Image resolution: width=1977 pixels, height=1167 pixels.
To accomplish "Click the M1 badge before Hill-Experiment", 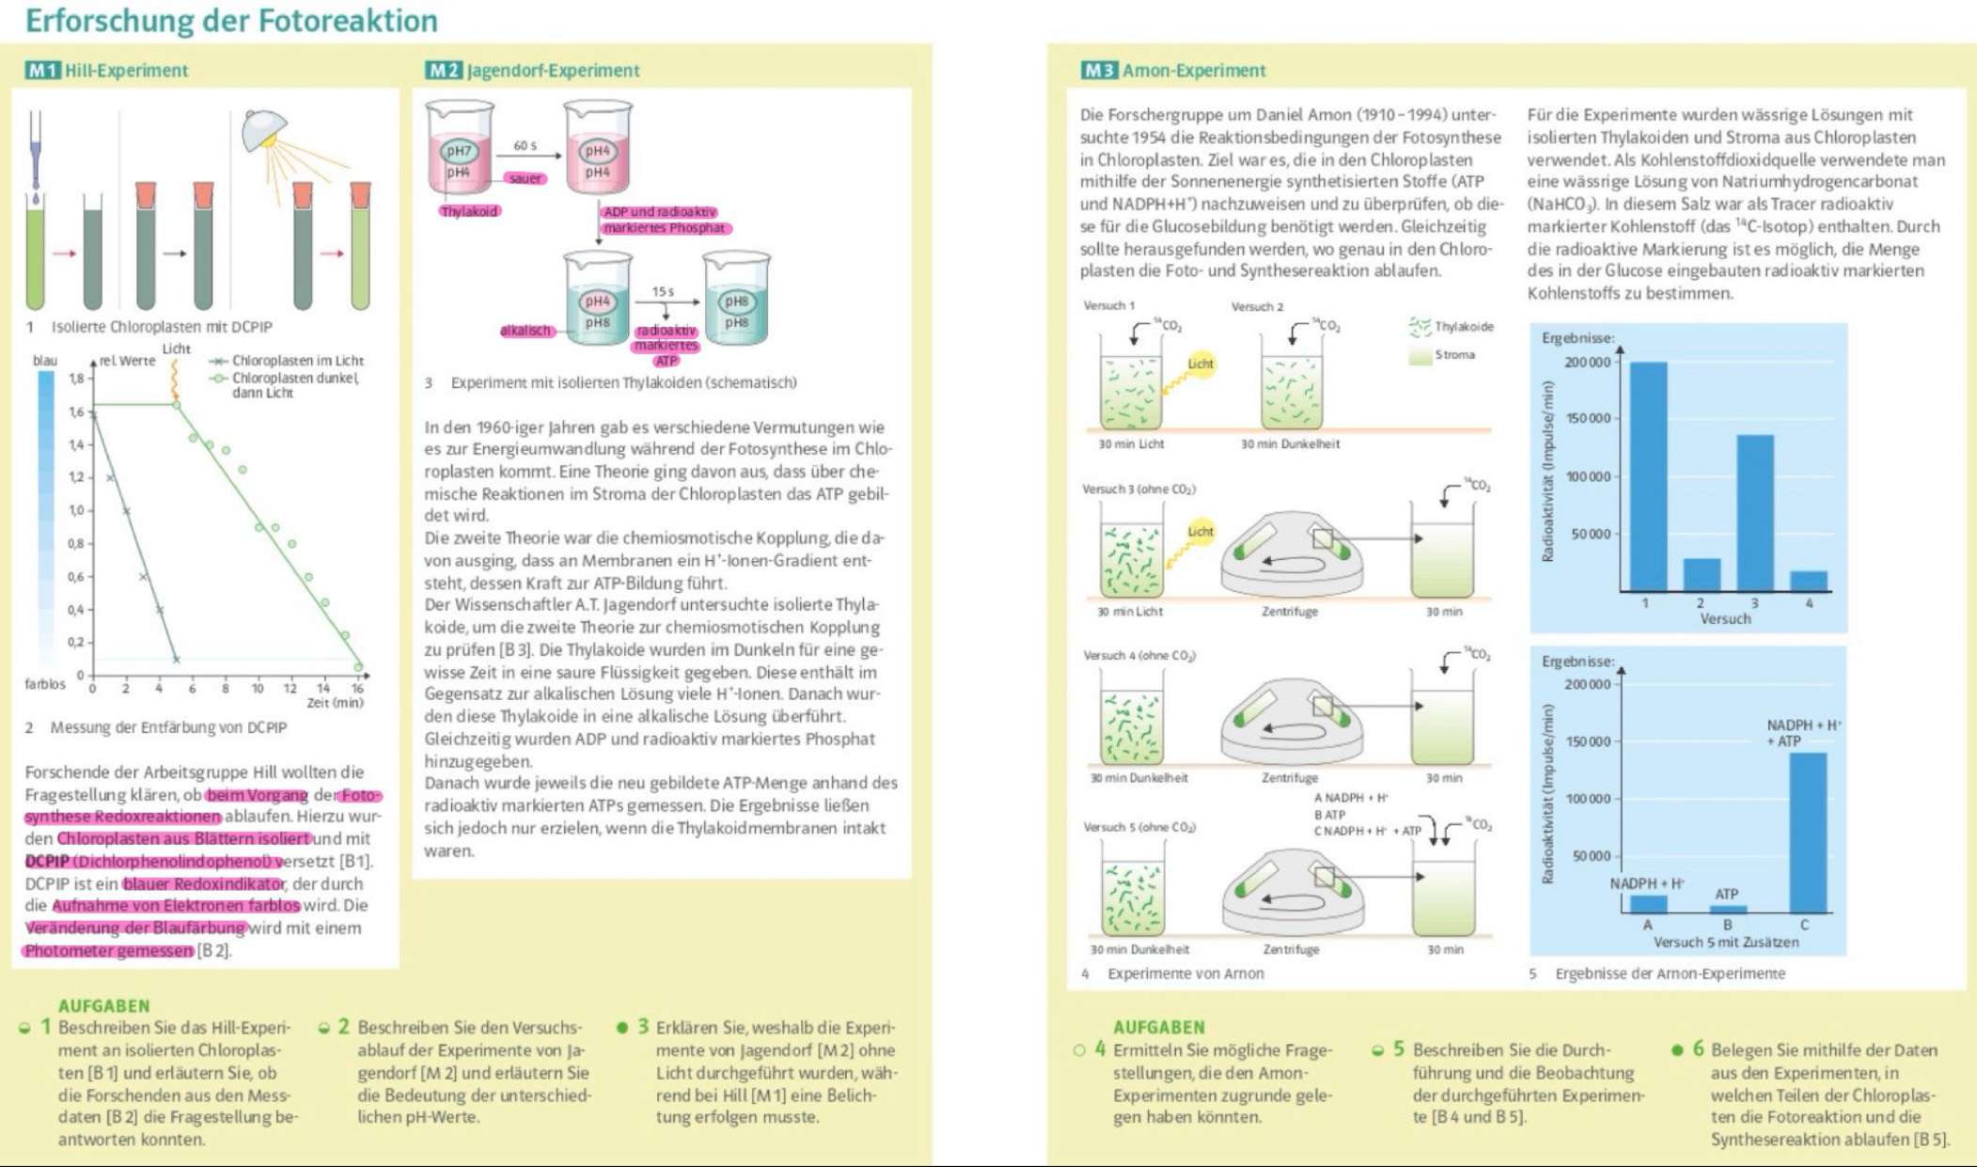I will click(42, 70).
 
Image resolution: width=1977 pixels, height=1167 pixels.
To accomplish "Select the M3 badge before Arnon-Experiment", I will click(1099, 70).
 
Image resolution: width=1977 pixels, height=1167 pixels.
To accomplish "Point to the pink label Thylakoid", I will click(469, 211).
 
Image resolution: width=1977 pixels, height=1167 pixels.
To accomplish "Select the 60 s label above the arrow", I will click(525, 146).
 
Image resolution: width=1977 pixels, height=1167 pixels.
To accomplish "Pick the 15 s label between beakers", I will click(663, 291).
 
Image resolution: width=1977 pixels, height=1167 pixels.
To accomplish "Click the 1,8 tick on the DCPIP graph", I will click(76, 379).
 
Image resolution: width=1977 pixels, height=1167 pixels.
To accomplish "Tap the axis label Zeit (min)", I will click(335, 702).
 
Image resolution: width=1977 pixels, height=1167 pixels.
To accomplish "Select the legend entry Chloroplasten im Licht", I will click(297, 361).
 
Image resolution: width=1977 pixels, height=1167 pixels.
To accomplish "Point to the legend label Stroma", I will click(1454, 355).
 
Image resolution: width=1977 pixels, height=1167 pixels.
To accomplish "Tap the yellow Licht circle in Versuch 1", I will click(1200, 364).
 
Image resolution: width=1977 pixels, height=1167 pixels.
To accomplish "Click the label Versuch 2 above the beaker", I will click(1257, 306).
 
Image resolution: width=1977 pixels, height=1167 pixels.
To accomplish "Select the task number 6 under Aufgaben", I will click(1698, 1049).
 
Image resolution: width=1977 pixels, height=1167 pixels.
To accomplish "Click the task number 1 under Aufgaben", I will click(44, 1027).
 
